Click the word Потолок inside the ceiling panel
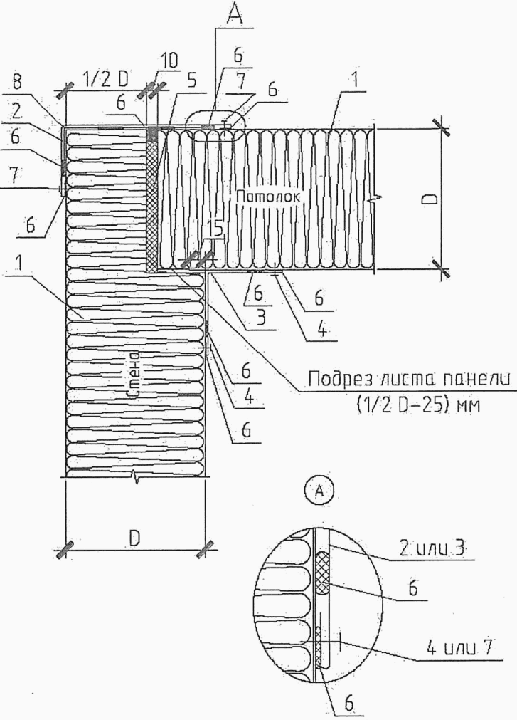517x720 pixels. pyautogui.click(x=268, y=197)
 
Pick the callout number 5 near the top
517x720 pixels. pyautogui.click(x=191, y=80)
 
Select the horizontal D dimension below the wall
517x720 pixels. pyautogui.click(x=134, y=538)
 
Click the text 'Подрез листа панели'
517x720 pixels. pyautogui.click(x=410, y=380)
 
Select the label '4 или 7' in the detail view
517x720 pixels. pyautogui.click(x=459, y=648)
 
